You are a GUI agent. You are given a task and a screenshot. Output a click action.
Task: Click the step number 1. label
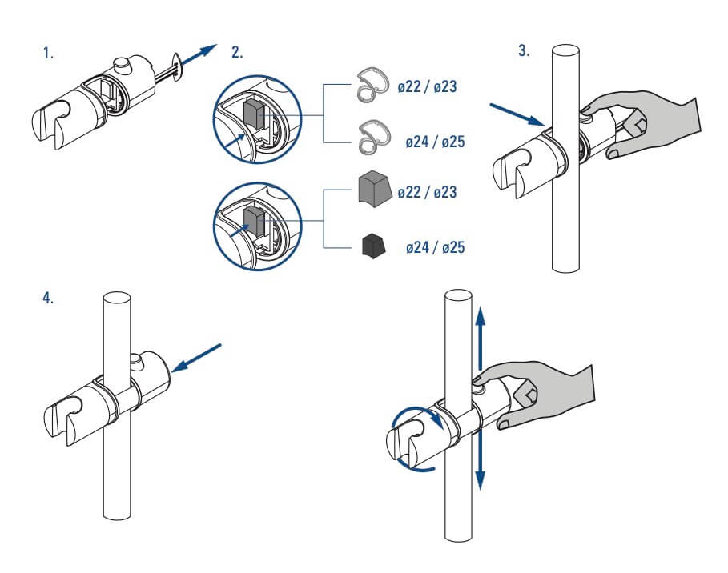[x=49, y=54]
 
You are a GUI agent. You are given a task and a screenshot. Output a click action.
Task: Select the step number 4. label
[x=49, y=298]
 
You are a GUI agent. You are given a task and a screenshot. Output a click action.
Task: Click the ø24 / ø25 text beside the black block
[x=436, y=248]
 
